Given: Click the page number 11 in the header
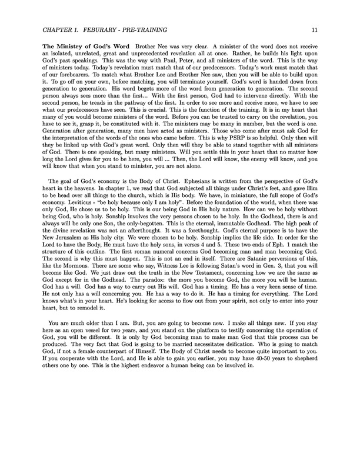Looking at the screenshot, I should [315, 29].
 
